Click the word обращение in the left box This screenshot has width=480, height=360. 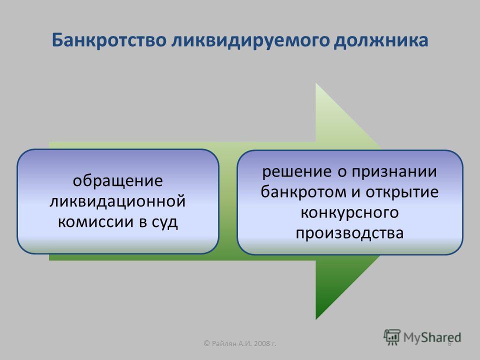click(x=117, y=181)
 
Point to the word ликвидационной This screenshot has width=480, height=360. click(x=117, y=201)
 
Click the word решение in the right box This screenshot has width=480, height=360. click(x=297, y=171)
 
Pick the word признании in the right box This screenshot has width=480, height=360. click(x=394, y=171)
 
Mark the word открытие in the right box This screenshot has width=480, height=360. click(x=402, y=192)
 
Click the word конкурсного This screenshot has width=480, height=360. click(x=349, y=212)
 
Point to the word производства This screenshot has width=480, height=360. click(x=349, y=233)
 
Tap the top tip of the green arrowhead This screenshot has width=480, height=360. click(x=316, y=83)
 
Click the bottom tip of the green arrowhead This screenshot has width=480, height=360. click(x=316, y=319)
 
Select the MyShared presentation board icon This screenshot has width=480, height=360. click(x=392, y=337)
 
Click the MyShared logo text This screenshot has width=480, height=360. click(x=432, y=337)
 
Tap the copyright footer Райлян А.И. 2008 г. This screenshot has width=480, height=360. click(x=240, y=343)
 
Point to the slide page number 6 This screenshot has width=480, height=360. click(x=449, y=344)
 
